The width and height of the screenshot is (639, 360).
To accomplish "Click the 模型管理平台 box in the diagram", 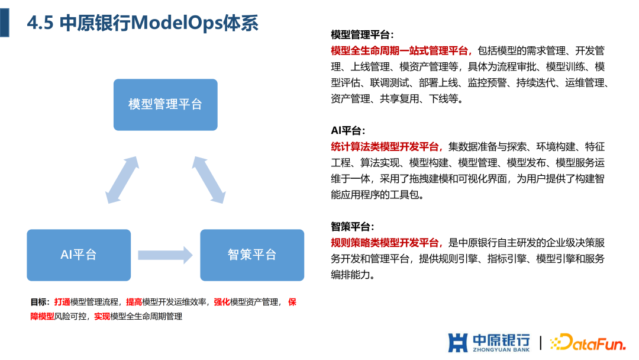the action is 165,105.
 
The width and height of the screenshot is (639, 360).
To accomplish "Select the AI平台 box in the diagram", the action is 79,255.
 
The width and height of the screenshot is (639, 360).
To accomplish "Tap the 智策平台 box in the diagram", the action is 252,255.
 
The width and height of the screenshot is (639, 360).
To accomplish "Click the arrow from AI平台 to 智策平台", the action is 166,255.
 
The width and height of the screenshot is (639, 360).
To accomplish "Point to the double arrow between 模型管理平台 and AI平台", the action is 122,181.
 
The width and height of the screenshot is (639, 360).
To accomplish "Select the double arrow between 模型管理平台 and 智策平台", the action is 209,181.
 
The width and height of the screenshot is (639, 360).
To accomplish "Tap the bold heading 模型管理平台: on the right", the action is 361,35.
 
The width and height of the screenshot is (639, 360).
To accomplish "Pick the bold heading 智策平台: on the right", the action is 353,227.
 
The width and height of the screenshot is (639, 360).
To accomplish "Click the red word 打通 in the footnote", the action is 62,302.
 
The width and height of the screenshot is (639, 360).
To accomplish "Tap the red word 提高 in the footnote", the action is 134,302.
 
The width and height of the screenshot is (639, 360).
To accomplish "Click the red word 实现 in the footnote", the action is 102,316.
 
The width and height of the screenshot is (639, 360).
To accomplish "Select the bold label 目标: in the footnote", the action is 40,302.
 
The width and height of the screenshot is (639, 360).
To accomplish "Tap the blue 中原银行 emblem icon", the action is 458,342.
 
